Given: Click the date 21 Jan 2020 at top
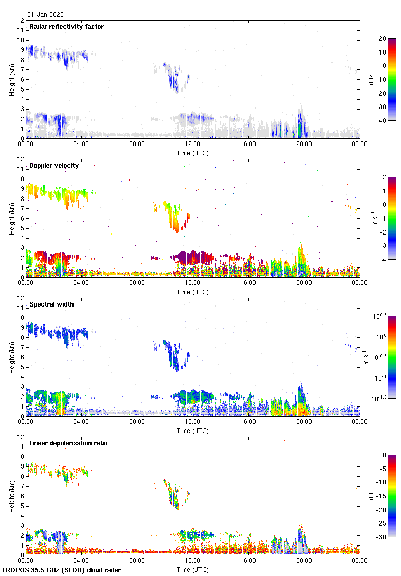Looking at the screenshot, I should point(45,15).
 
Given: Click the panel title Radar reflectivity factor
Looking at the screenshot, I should point(67,26).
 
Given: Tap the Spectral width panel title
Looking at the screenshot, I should point(51,304).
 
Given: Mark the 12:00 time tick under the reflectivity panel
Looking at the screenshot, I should point(193,145).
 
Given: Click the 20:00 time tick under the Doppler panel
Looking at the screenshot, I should point(304,283).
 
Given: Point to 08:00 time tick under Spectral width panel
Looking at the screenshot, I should point(137,422).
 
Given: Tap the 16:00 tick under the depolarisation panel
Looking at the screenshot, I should point(248,561).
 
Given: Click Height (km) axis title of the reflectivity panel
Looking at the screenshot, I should point(11,79).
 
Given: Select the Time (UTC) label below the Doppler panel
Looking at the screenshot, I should point(193,292).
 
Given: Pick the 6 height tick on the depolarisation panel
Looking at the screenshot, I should point(22,496).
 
